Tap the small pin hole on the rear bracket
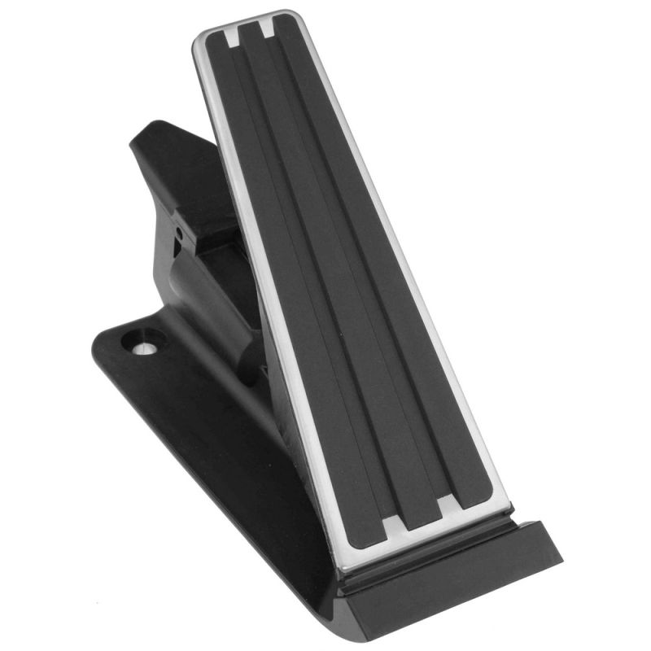pyautogui.click(x=178, y=234)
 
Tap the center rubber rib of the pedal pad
pyautogui.click(x=342, y=269)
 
